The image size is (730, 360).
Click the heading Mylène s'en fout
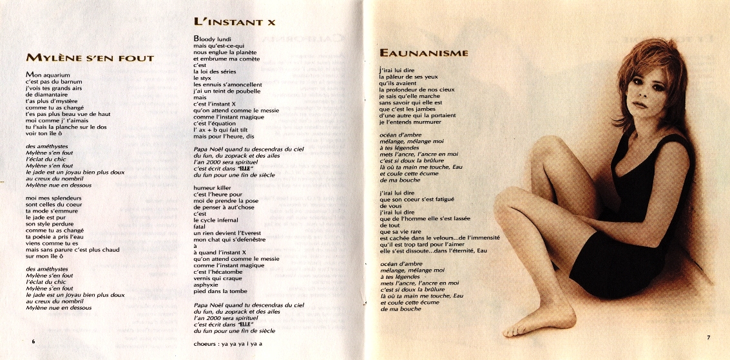[90, 58]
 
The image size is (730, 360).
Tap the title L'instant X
[235, 22]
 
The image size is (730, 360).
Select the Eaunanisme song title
[423, 52]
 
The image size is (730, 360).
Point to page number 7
[707, 337]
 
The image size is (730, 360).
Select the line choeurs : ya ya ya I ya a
[229, 343]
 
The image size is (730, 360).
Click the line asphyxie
[208, 284]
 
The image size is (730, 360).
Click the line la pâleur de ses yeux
[408, 77]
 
